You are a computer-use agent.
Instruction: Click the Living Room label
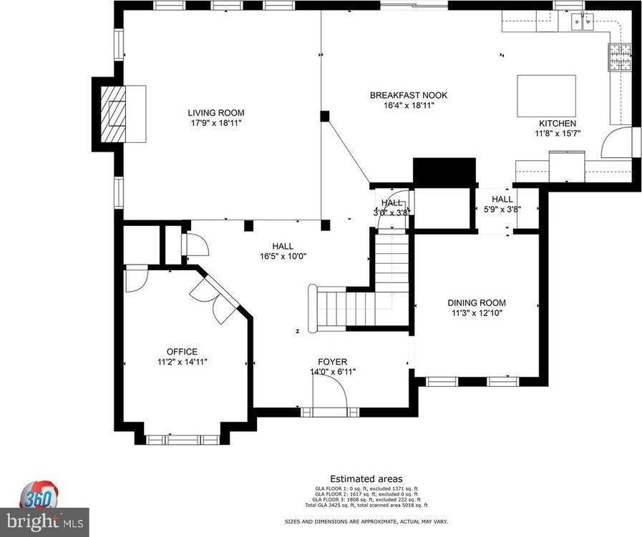(216, 112)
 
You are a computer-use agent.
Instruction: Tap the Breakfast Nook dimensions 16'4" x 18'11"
(409, 105)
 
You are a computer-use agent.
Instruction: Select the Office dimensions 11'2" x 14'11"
(182, 362)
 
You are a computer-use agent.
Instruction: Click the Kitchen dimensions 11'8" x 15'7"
(558, 133)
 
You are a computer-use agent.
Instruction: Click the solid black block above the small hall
(444, 171)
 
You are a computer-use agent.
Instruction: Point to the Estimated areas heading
(366, 478)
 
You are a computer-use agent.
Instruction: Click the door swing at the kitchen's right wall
(619, 143)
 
